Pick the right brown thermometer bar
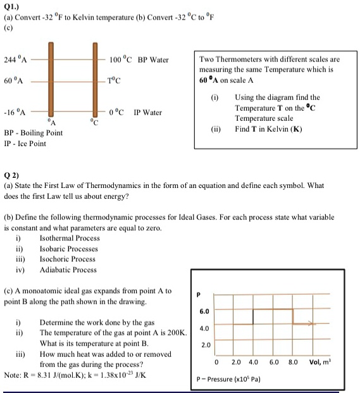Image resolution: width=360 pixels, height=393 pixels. tap(95, 79)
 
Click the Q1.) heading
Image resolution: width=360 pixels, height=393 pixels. tap(11, 4)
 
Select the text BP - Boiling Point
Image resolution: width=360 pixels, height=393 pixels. tap(33, 133)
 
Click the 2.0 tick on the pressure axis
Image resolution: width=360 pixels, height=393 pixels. tap(204, 346)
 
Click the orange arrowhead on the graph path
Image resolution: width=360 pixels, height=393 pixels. tap(311, 324)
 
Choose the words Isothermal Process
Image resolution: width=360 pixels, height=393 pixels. tap(70, 238)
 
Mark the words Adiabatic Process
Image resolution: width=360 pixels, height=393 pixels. tap(68, 270)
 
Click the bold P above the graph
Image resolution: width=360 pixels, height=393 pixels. tap(200, 294)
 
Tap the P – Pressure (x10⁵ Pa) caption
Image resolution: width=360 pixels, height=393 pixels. tap(234, 380)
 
